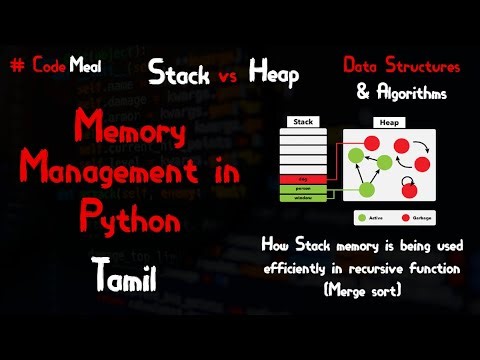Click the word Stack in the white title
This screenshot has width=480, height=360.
click(180, 72)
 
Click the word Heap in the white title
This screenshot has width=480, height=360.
click(276, 72)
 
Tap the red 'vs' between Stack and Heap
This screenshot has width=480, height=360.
click(229, 75)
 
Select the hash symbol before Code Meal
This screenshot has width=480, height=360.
click(15, 65)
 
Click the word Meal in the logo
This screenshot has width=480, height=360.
click(84, 65)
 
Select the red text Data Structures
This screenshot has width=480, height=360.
click(402, 66)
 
